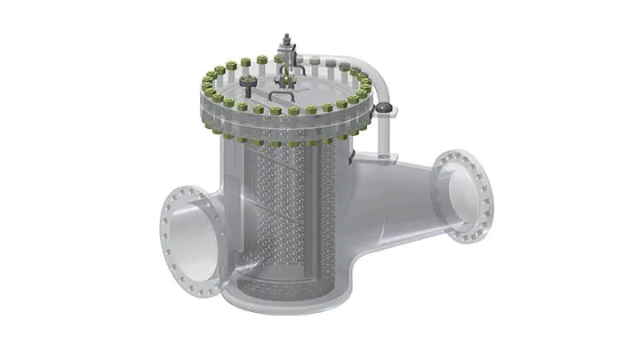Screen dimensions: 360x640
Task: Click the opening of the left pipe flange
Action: coord(194,238)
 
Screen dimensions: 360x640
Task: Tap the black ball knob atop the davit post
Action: coord(383,108)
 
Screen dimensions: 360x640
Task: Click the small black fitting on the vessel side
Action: coord(354,157)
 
